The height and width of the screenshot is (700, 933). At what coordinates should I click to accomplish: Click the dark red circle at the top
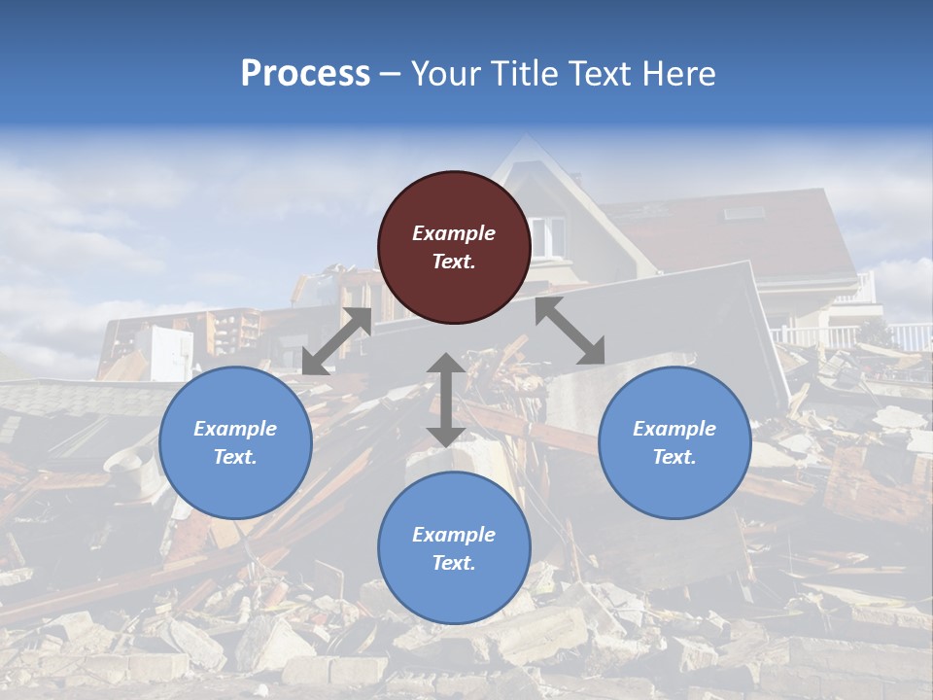[x=454, y=248]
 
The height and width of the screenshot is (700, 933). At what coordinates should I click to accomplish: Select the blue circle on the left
[x=235, y=442]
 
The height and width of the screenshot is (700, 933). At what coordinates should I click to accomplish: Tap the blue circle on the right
[x=674, y=442]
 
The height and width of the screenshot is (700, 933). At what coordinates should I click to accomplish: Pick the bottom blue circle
[x=454, y=548]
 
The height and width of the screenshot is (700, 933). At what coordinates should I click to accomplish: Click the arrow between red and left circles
[x=336, y=341]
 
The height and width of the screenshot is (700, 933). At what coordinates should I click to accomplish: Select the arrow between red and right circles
[x=570, y=331]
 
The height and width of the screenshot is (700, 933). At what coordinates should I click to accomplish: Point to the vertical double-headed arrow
[x=446, y=400]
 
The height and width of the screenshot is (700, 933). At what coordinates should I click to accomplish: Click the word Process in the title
[x=305, y=73]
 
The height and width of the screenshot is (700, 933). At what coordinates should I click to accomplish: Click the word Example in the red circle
[x=454, y=233]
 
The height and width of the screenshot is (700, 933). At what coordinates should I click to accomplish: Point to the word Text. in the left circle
[x=235, y=457]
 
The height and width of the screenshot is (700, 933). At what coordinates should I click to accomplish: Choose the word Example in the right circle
[x=674, y=429]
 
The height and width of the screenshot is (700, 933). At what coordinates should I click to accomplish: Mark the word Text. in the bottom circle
[x=454, y=563]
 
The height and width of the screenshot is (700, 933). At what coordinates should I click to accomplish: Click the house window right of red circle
[x=549, y=237]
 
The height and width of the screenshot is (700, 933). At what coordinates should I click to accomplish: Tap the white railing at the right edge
[x=909, y=336]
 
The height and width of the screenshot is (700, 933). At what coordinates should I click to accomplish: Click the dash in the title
[x=391, y=74]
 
